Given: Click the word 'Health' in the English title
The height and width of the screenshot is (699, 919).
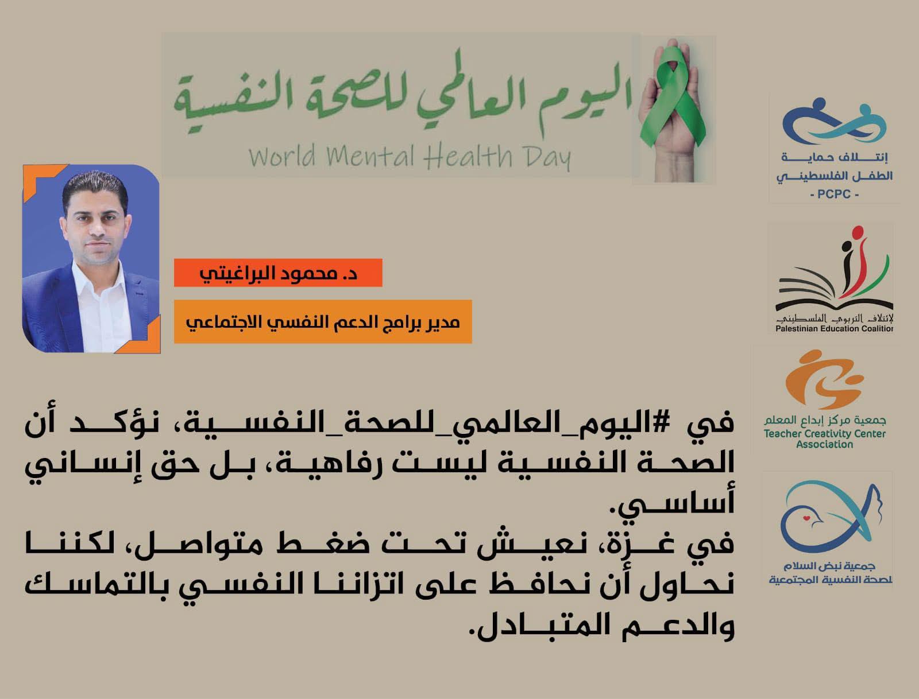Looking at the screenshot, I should (x=468, y=156).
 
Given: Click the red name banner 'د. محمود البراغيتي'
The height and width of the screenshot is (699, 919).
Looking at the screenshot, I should (x=278, y=273).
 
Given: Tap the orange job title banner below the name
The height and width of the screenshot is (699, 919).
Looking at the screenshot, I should (x=323, y=322).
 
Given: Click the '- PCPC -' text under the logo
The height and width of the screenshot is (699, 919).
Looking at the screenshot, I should (x=834, y=194).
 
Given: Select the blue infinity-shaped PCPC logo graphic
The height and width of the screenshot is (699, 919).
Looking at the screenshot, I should (x=836, y=122).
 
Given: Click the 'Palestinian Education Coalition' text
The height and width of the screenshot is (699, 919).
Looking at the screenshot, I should (x=834, y=328).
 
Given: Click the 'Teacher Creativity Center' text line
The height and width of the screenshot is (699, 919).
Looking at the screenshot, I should (x=825, y=434).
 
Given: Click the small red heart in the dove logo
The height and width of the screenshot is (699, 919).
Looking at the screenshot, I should (x=806, y=518).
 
